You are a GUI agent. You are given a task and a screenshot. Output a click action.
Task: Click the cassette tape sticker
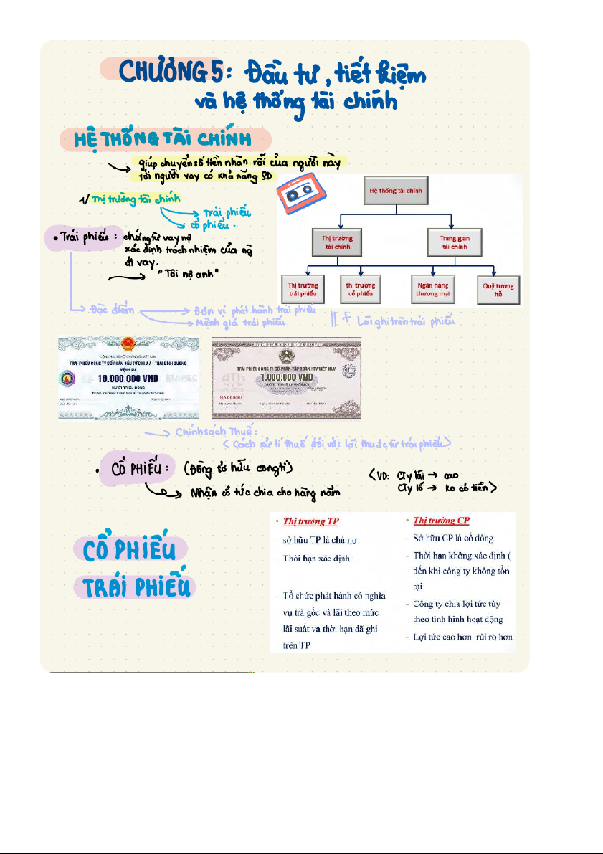pyautogui.click(x=298, y=191)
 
